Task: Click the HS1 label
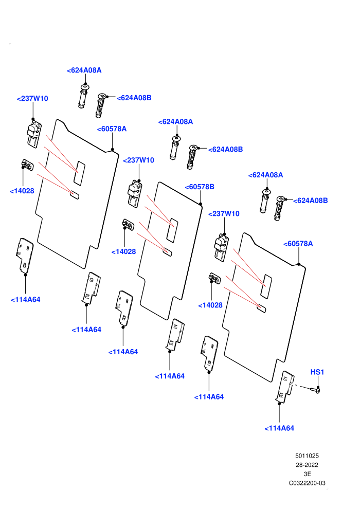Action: [317, 372]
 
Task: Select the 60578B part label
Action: [200, 187]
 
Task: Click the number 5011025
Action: [307, 456]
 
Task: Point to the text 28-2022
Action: [307, 465]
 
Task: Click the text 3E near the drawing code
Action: [308, 474]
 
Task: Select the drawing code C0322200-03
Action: [307, 483]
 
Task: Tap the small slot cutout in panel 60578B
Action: [168, 252]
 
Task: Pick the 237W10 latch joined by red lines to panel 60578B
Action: [134, 194]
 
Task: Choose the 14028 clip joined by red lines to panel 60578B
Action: [128, 224]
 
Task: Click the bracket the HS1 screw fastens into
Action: [285, 387]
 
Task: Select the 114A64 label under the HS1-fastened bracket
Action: [279, 428]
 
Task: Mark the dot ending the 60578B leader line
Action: [201, 204]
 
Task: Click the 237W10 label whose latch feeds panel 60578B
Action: [139, 160]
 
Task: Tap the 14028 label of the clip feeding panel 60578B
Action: [123, 251]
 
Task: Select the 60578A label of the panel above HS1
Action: [298, 244]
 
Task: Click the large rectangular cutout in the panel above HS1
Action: [266, 287]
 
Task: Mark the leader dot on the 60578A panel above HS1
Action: [299, 264]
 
